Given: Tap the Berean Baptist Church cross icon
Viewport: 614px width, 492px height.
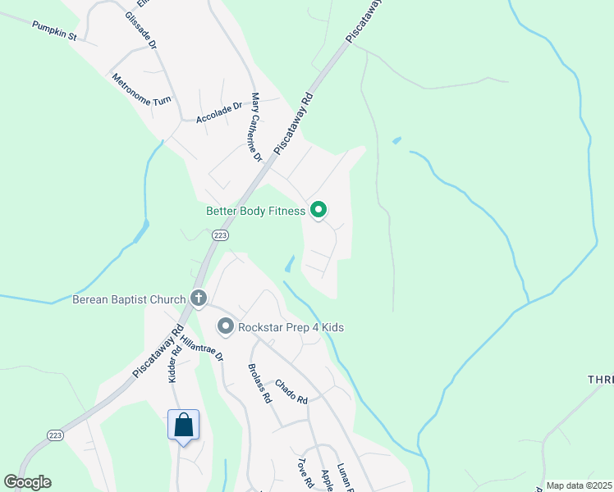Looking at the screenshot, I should click(198, 298).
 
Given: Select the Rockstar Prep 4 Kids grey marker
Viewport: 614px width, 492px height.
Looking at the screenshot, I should click(226, 327).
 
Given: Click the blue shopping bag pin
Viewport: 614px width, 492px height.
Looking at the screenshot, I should click(183, 425).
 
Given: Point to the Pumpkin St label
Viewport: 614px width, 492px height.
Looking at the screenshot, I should click(54, 31).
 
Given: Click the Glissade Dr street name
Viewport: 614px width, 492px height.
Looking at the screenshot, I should click(140, 29).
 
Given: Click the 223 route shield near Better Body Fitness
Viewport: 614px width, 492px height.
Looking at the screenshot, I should click(219, 235).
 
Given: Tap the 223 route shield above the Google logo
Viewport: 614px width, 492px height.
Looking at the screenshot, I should click(55, 435).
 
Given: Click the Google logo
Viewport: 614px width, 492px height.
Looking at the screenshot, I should click(27, 482).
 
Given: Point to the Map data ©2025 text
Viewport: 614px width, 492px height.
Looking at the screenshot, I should click(579, 485).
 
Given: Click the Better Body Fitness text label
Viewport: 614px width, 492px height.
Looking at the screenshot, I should click(255, 212).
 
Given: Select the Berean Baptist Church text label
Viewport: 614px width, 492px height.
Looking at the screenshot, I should click(129, 299).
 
